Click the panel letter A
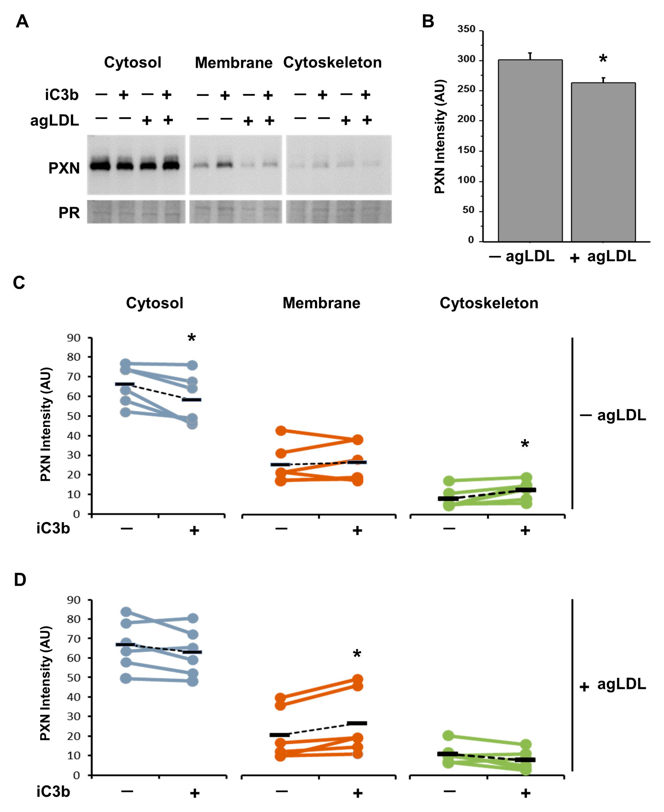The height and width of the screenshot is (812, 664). pos(22,21)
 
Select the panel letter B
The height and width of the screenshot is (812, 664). pos(428,21)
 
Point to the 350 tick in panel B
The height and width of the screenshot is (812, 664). pos(466,29)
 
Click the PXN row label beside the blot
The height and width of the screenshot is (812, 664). pos(64,168)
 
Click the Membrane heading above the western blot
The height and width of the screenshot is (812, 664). pos(234,62)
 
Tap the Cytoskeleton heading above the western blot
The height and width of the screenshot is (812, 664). pos(332,62)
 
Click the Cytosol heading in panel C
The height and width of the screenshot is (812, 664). pos(154,303)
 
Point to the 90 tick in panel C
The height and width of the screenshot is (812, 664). pos(74,338)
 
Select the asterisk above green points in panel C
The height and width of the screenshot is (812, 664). pos(525,444)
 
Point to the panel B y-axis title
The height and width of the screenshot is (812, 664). pos(440,136)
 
